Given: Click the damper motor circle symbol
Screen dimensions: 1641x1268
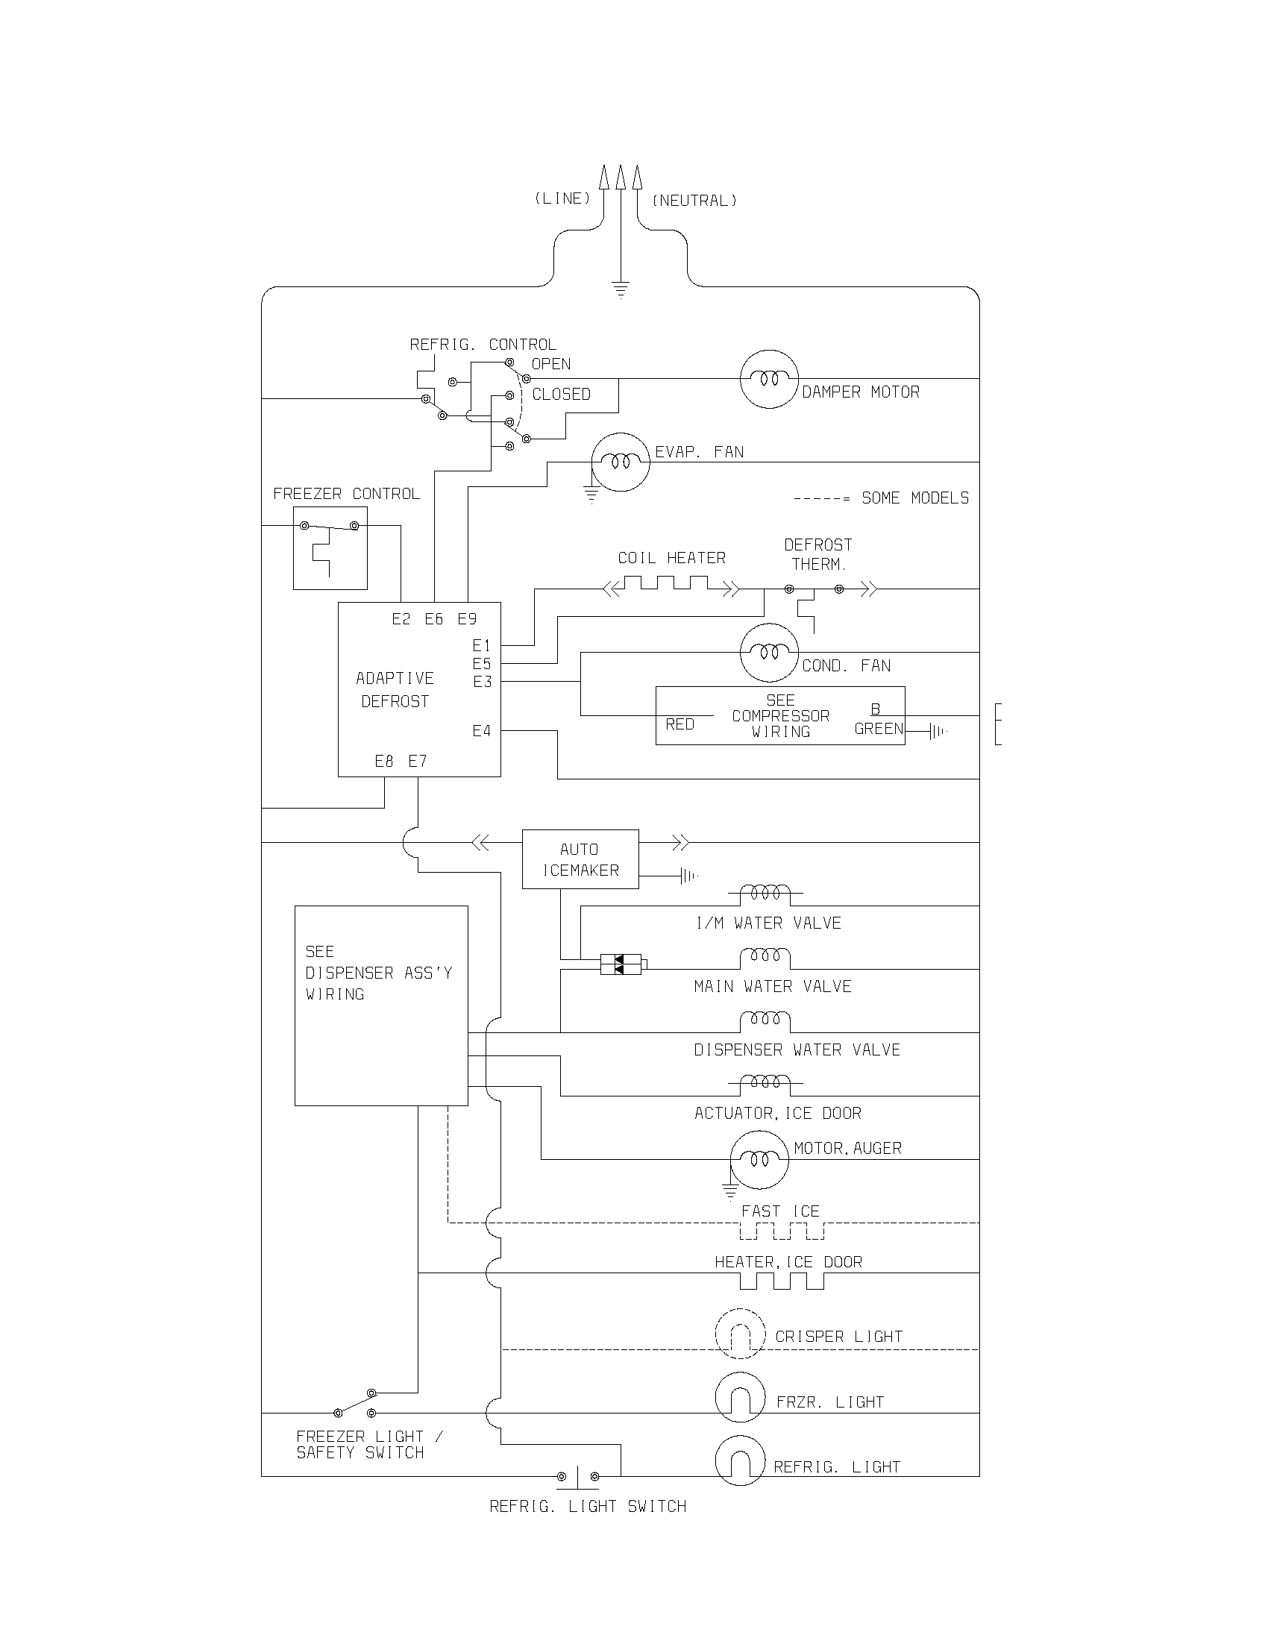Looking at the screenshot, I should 768,379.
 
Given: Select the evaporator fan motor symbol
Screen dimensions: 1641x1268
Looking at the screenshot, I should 620,462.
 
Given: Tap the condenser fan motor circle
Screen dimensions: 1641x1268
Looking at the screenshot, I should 768,652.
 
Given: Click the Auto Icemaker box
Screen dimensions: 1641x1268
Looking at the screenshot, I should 580,859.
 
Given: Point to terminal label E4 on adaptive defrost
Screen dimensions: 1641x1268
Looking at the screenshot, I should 482,730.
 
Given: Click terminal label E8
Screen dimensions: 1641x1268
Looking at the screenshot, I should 384,761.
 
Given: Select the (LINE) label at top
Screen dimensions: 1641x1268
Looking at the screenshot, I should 562,198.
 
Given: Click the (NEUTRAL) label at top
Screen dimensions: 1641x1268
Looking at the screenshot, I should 694,201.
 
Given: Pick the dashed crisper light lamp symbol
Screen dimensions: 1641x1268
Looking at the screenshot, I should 740,1334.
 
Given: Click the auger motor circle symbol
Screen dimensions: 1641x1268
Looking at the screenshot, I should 759,1159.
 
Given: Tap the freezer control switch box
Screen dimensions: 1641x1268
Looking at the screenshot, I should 330,547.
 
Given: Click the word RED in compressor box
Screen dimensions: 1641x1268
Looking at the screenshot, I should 679,724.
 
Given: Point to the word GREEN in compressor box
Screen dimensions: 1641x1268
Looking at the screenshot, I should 878,729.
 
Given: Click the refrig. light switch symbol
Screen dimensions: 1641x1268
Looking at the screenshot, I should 577,1477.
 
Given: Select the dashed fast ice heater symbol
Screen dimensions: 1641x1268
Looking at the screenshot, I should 781,1230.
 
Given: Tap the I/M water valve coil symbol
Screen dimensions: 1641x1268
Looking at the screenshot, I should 765,894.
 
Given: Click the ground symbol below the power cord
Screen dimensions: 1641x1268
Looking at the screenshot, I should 621,289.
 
